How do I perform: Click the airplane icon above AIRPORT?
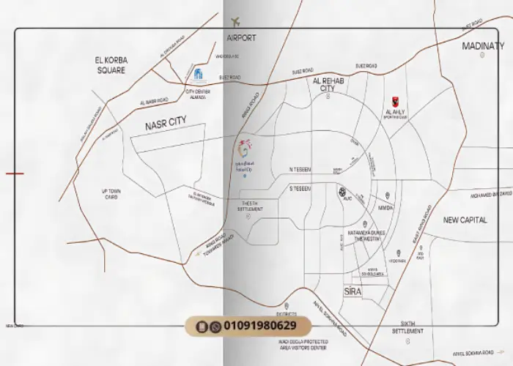(x=235, y=22)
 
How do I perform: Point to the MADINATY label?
(x=483, y=45)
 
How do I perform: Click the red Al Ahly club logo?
(x=395, y=102)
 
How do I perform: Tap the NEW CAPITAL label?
(x=465, y=220)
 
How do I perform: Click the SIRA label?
(x=353, y=291)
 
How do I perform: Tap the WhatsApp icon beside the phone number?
(x=215, y=326)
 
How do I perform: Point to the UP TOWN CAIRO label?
(x=111, y=194)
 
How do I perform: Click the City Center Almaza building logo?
(x=197, y=74)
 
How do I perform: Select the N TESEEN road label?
(x=300, y=169)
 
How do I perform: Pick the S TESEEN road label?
(x=300, y=189)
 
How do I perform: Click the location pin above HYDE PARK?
(x=399, y=253)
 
